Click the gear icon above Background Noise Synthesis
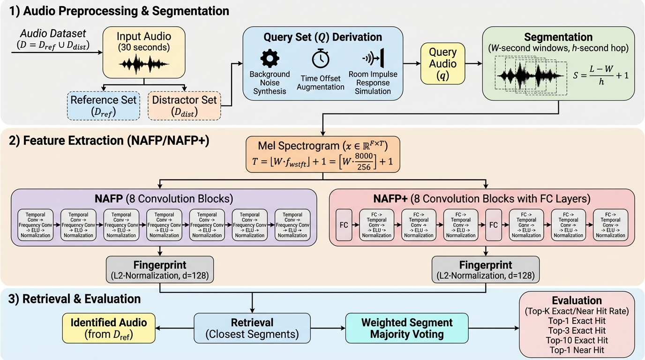point(270,58)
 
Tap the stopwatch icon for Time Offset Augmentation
point(321,58)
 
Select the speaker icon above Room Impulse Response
point(373,58)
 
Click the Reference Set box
point(103,106)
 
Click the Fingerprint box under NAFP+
point(485,270)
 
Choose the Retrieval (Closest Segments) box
point(252,328)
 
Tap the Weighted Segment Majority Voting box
point(406,328)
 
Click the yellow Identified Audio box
point(108,328)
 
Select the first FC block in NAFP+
point(344,225)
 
